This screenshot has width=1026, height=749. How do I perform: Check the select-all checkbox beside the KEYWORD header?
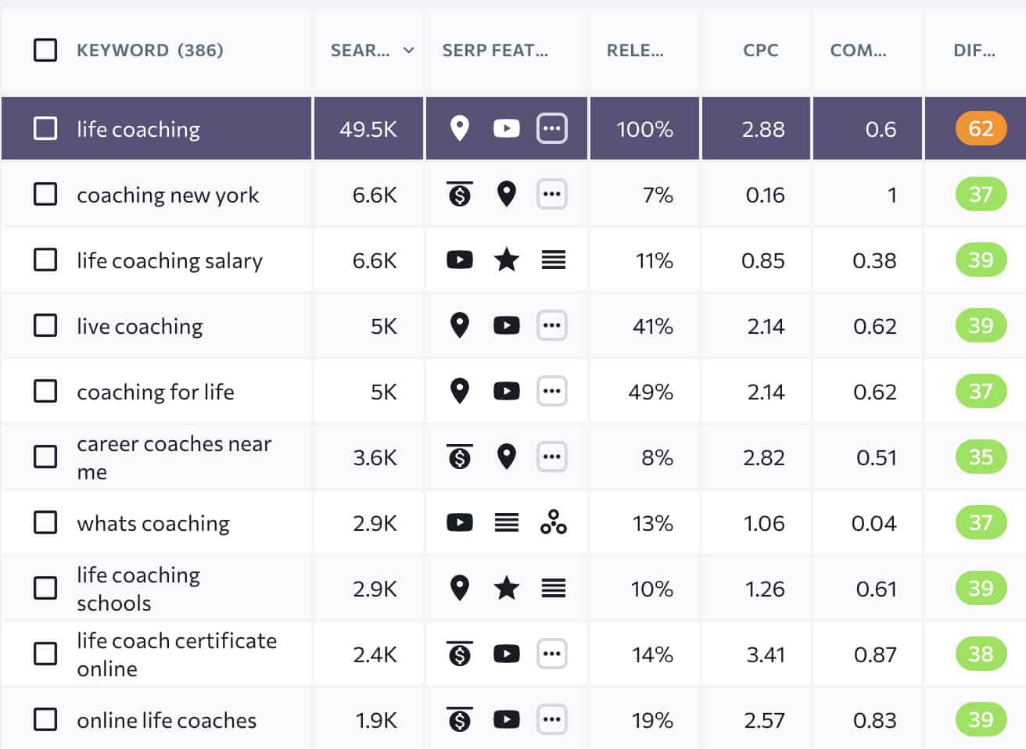click(45, 50)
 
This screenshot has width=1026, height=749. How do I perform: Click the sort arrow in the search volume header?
click(408, 51)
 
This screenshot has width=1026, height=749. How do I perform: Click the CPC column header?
click(760, 51)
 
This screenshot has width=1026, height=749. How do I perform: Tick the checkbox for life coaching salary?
click(45, 260)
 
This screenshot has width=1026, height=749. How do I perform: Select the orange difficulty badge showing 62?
click(980, 128)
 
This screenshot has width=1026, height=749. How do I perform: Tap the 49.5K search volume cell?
click(368, 129)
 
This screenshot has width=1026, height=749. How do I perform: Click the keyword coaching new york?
click(167, 195)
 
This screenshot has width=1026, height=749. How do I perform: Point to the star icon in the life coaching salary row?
click(507, 260)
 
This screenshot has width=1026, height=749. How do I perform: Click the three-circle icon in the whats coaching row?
click(553, 522)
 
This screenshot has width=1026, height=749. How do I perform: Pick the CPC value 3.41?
click(765, 654)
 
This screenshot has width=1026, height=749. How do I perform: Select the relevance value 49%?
click(651, 392)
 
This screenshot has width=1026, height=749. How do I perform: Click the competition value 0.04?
click(874, 523)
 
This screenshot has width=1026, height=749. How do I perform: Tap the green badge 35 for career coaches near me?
click(980, 457)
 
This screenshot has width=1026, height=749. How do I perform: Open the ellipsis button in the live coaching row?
click(552, 325)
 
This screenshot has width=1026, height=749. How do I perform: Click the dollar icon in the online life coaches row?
click(460, 719)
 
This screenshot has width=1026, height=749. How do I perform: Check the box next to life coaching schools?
click(45, 588)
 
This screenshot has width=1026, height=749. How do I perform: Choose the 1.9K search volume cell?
click(376, 720)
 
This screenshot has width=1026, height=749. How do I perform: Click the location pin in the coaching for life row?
click(460, 391)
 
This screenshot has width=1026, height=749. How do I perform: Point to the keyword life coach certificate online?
click(177, 654)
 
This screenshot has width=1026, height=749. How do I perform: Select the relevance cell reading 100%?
click(644, 129)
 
